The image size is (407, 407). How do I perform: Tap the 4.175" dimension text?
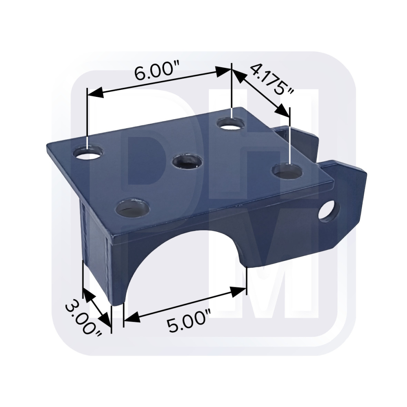272,80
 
